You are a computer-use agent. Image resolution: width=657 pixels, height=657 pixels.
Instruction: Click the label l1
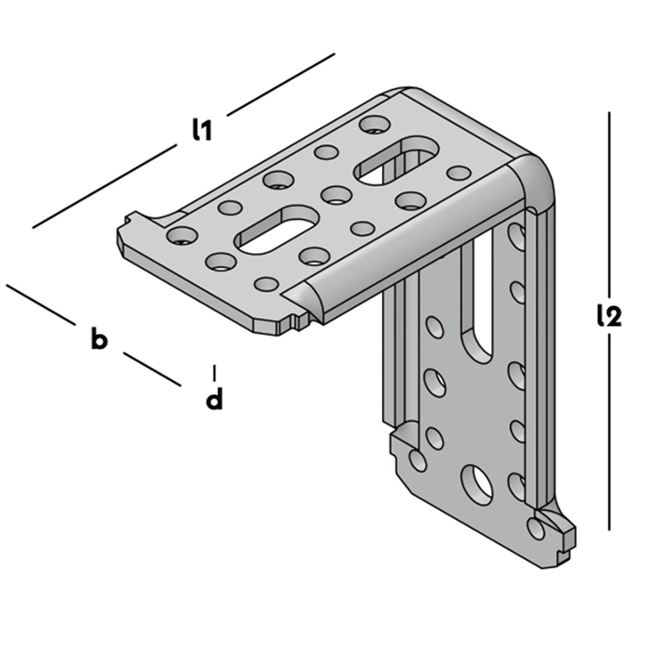(x=201, y=130)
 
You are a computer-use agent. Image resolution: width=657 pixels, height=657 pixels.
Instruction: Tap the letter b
(x=99, y=338)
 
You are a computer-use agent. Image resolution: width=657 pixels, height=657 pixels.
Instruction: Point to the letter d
(x=214, y=400)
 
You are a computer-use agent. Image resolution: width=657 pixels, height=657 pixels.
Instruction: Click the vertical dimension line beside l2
(x=610, y=223)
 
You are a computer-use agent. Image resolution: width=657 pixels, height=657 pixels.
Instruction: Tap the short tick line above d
(x=214, y=371)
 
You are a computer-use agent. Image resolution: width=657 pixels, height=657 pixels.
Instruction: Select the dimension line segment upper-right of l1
(x=280, y=84)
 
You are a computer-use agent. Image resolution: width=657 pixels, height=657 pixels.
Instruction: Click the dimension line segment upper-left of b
(x=40, y=304)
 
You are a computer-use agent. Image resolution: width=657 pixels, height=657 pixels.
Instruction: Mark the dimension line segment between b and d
(x=151, y=369)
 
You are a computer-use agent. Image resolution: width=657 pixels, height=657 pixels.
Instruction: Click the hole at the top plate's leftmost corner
(x=182, y=235)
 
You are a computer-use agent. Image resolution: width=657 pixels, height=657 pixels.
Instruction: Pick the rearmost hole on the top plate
(x=374, y=123)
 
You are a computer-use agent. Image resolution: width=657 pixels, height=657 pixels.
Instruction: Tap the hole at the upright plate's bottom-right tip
(x=535, y=528)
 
